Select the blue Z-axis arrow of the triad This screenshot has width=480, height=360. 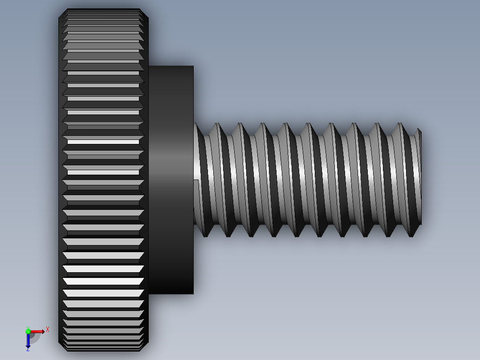pos(28,341)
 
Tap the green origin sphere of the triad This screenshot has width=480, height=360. pos(28,331)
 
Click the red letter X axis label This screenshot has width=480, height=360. pos(48,329)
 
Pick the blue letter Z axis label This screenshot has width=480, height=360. pos(28,349)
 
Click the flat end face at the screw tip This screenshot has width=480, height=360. pos(420,177)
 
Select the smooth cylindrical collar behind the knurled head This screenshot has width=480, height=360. pos(171,178)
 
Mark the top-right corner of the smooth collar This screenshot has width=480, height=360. pos(193,66)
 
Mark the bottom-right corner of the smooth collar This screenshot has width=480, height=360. pos(193,294)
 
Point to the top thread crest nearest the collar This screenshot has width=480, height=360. pos(217,124)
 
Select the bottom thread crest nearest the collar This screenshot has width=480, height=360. pos(206,236)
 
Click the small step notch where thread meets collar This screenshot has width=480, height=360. pos(196,180)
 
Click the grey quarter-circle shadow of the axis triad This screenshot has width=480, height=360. pos(35,338)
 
